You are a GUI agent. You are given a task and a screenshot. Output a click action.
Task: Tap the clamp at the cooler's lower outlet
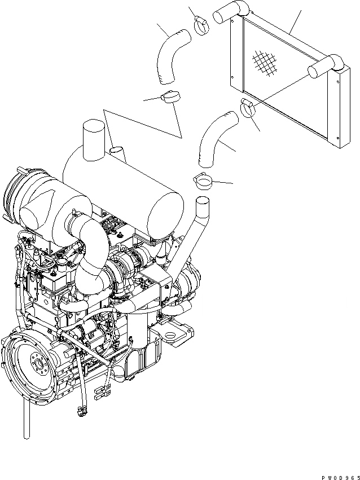(x=248, y=108)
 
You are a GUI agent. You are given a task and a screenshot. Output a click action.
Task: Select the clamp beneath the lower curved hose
(x=204, y=182)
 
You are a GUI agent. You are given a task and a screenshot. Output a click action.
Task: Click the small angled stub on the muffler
(x=117, y=152)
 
